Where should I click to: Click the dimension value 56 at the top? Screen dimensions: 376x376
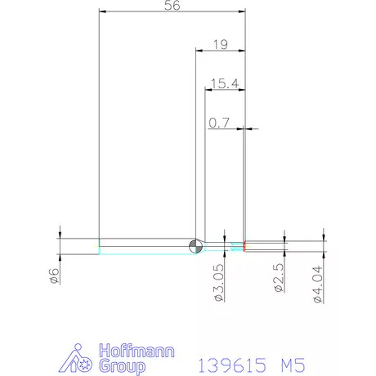[172, 6]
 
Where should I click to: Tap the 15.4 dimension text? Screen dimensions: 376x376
[223, 83]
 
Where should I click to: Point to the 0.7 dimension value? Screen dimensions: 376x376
[220, 123]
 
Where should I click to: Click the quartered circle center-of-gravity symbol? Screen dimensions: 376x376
[195, 246]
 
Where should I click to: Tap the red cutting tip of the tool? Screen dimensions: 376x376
[244, 246]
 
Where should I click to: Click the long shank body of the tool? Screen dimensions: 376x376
[147, 246]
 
